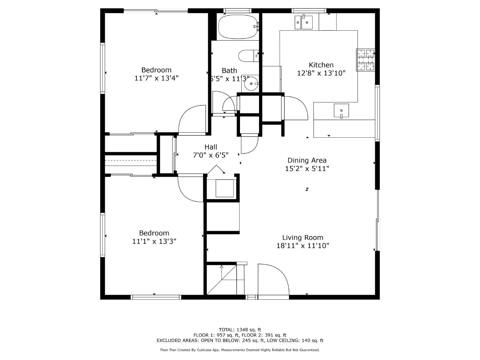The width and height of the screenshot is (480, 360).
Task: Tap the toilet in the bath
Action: tap(249, 56)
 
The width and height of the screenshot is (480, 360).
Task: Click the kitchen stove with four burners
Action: tap(365, 60)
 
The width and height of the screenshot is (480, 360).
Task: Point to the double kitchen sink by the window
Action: tap(303, 22)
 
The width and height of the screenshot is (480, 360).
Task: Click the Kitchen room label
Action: tap(321, 65)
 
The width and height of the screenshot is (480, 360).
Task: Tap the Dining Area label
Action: tap(307, 160)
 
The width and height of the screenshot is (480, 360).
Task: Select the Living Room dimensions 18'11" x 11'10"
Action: tap(303, 246)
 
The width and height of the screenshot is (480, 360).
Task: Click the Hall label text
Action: tap(211, 147)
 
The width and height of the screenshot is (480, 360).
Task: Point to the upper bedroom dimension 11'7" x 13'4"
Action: tap(156, 78)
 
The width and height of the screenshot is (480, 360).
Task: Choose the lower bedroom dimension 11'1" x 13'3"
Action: tap(154, 241)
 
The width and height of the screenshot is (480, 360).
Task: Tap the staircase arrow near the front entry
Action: tap(221, 267)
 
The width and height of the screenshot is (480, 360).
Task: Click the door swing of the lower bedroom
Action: tap(190, 188)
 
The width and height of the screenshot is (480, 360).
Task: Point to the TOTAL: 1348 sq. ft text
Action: tap(240, 330)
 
